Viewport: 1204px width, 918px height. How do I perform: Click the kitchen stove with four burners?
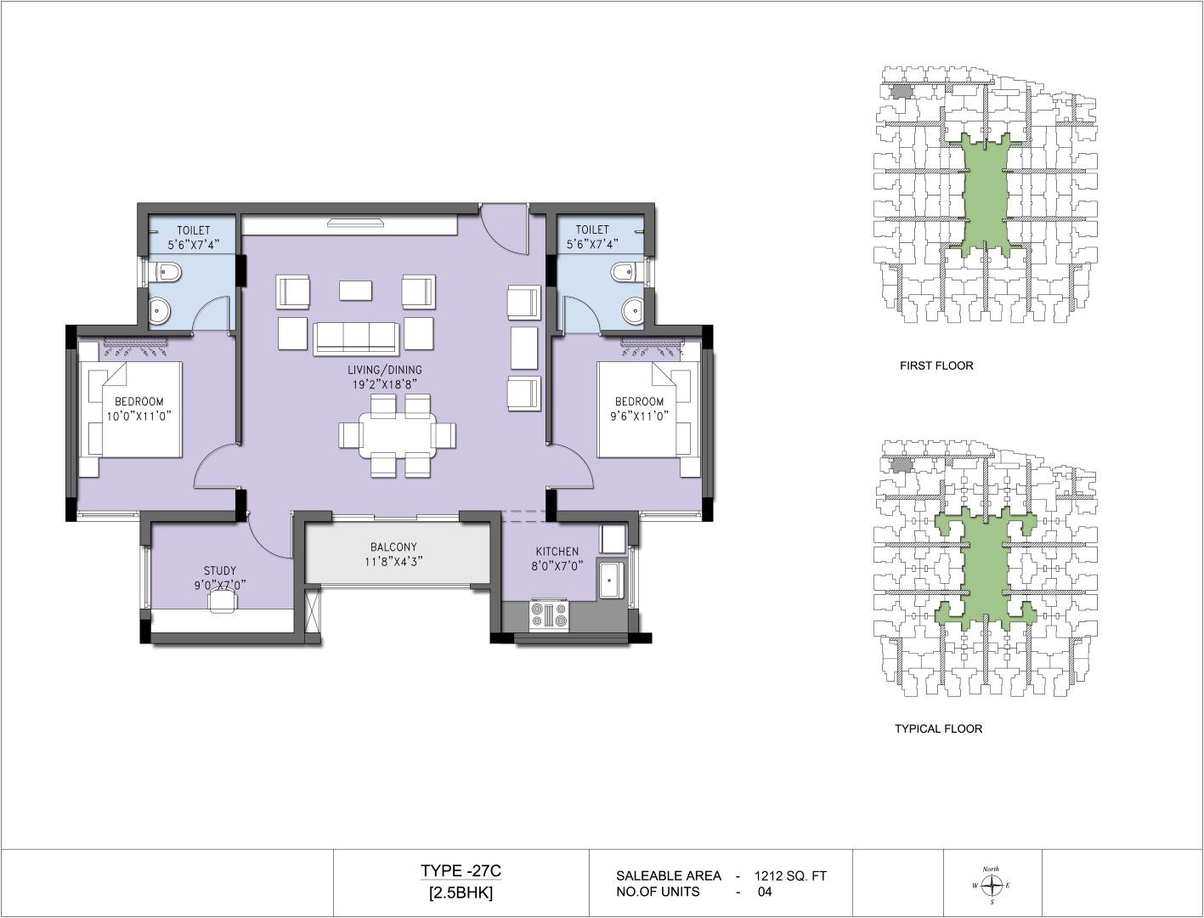pyautogui.click(x=549, y=615)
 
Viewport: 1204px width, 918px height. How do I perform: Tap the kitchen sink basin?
pyautogui.click(x=610, y=580)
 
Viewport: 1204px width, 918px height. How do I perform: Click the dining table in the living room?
pyautogui.click(x=398, y=435)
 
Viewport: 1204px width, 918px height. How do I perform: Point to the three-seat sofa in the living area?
pyautogui.click(x=356, y=338)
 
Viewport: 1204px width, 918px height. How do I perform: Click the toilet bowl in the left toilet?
pyautogui.click(x=165, y=272)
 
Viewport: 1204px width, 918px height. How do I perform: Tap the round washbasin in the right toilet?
pyautogui.click(x=633, y=310)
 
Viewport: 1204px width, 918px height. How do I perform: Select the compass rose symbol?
pyautogui.click(x=992, y=885)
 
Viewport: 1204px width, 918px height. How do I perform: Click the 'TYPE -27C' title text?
pyautogui.click(x=461, y=870)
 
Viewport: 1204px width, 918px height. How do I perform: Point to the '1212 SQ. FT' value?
pyautogui.click(x=790, y=875)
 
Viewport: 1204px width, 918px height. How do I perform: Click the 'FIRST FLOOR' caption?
pyautogui.click(x=936, y=365)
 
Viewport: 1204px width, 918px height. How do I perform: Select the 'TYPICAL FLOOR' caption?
pyautogui.click(x=939, y=728)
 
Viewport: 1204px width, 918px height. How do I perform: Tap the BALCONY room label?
pyautogui.click(x=393, y=547)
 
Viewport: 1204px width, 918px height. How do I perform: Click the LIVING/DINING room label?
pyautogui.click(x=385, y=370)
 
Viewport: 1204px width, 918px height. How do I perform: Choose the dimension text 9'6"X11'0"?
pyautogui.click(x=640, y=416)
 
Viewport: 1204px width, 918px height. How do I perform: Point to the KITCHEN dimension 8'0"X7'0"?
pyautogui.click(x=557, y=566)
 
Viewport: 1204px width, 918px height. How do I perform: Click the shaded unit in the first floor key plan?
pyautogui.click(x=900, y=91)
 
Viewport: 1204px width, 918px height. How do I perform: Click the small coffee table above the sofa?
pyautogui.click(x=355, y=291)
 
